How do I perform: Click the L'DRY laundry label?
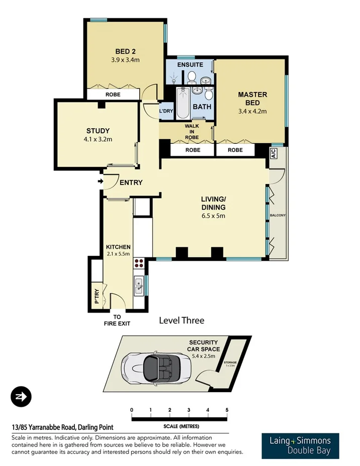166,111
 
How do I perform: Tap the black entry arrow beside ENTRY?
101,181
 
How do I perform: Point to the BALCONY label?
278,215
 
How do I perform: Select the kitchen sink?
139,287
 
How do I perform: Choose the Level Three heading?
182,320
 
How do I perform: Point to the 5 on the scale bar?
227,410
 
